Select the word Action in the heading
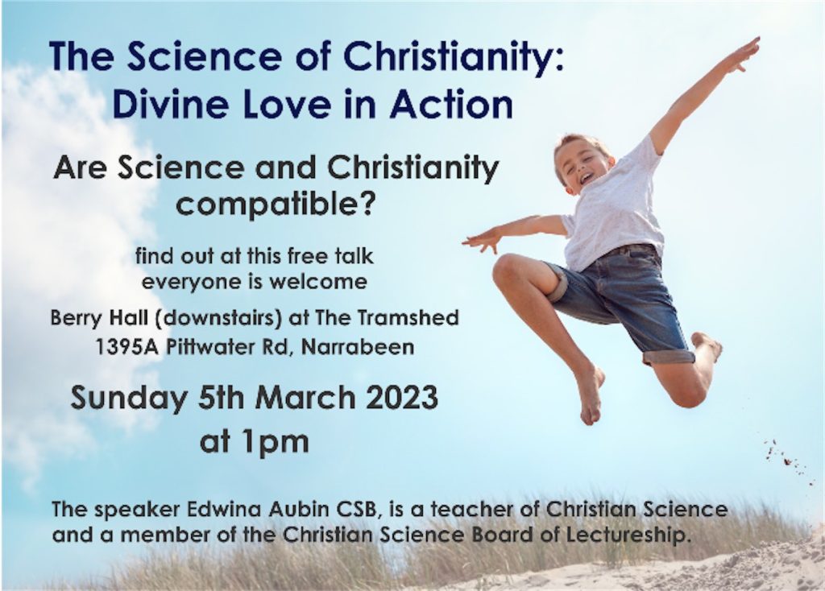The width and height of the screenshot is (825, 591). (452, 104)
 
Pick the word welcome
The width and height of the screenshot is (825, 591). (318, 282)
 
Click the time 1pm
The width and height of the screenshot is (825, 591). (276, 442)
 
